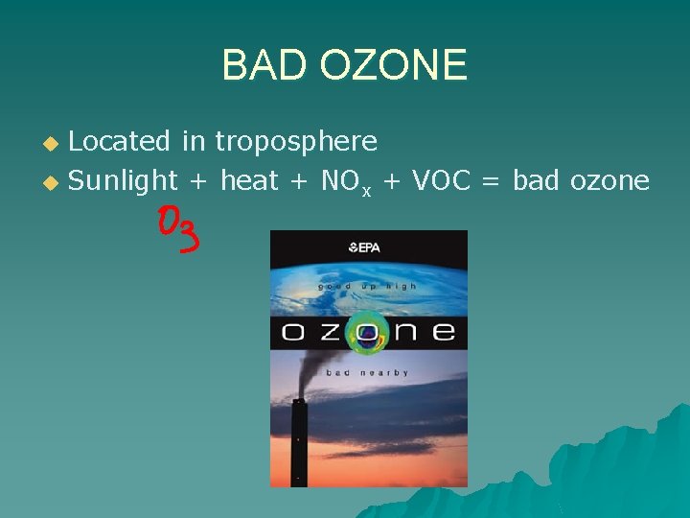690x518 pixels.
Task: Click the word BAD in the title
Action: (x=265, y=65)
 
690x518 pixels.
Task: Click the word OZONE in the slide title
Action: (x=393, y=65)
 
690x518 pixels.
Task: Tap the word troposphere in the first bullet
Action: (x=296, y=142)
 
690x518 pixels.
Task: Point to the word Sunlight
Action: (x=124, y=180)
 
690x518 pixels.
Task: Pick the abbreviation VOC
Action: (x=441, y=180)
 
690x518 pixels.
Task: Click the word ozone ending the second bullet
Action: (x=612, y=180)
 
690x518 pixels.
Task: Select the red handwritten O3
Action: (x=179, y=229)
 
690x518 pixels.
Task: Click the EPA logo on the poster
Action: (x=365, y=247)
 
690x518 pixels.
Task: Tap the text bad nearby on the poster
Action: (x=367, y=372)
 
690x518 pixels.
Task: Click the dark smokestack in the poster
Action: (x=299, y=441)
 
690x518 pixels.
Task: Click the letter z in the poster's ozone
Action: (x=329, y=333)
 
